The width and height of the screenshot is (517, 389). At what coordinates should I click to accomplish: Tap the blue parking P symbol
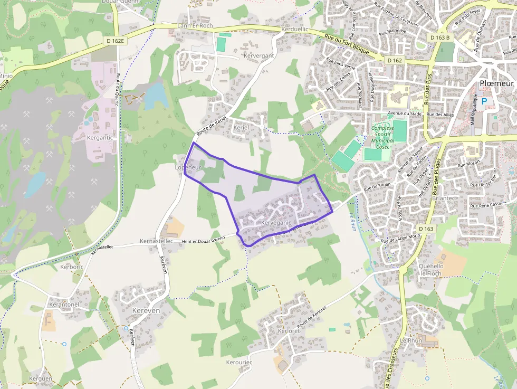(484, 101)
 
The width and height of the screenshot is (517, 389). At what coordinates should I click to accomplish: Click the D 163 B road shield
(439, 37)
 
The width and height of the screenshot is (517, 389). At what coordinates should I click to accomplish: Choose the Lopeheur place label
(188, 167)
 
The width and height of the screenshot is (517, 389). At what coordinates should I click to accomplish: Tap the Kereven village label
(146, 311)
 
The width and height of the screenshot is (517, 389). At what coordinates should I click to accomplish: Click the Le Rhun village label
(411, 341)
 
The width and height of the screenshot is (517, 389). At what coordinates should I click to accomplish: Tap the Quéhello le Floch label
(430, 270)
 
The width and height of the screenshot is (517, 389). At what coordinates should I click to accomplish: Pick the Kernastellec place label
(156, 241)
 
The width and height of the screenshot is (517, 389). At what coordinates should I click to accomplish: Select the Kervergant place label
(258, 55)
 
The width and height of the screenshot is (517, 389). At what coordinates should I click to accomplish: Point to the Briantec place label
(442, 198)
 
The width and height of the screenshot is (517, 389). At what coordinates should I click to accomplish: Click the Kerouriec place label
(239, 363)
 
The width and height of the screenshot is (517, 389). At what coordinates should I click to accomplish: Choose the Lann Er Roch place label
(195, 25)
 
